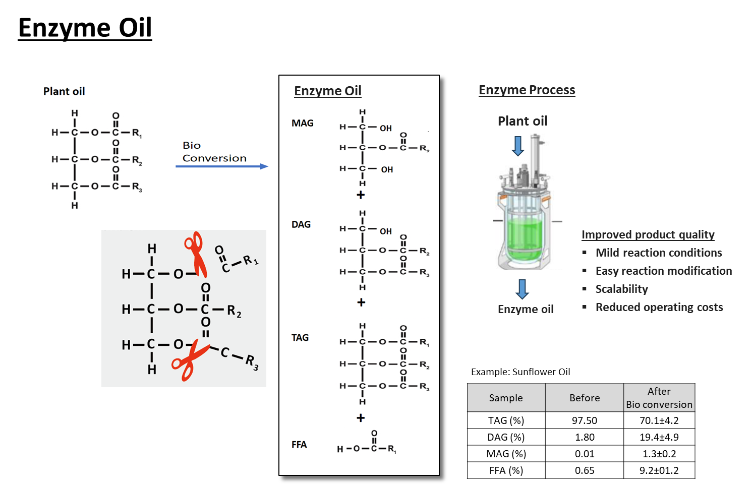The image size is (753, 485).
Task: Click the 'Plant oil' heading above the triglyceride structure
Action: click(64, 91)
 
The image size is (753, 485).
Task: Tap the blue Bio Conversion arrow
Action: click(221, 166)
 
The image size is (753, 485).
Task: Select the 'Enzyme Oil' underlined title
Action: click(328, 91)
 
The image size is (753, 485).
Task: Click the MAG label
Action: click(303, 123)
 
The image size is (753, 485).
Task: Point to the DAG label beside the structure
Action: click(301, 224)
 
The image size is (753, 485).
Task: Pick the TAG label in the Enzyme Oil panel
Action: click(300, 337)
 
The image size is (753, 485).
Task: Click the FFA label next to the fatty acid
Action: click(299, 444)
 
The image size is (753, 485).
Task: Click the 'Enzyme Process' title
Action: click(527, 90)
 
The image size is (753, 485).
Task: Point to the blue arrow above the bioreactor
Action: click(518, 146)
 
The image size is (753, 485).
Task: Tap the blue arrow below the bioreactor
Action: click(523, 289)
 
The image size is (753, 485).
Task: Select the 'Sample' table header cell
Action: click(506, 398)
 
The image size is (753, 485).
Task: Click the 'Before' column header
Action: click(585, 398)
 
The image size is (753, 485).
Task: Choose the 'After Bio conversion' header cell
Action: click(659, 398)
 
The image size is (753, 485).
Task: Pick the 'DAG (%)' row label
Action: click(506, 437)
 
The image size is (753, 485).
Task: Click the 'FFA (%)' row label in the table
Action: click(506, 470)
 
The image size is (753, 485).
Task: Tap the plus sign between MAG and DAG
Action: click(361, 195)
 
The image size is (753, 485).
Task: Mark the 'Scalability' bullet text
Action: click(621, 289)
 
